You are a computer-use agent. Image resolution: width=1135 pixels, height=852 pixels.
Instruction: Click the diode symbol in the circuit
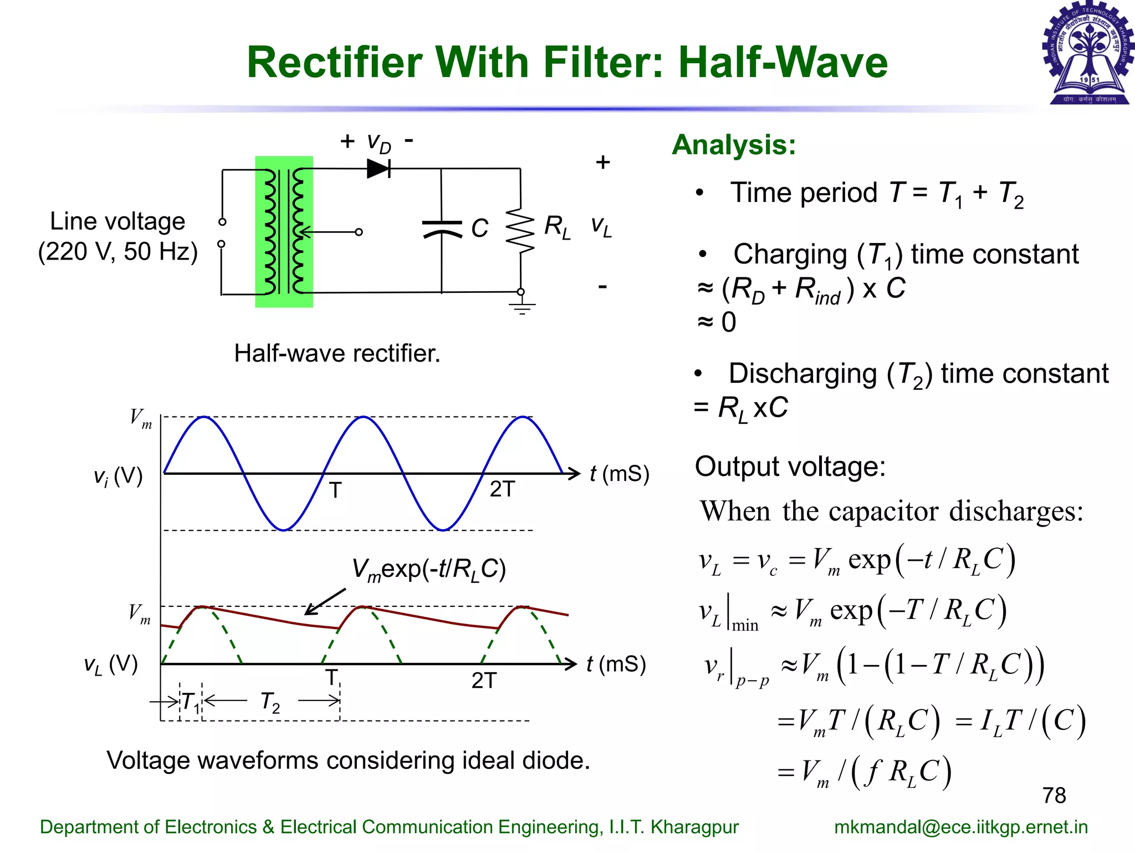[x=379, y=168]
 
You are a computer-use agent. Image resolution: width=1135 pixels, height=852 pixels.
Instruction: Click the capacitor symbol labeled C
[x=442, y=229]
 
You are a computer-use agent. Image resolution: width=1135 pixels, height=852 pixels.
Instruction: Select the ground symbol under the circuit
[x=522, y=307]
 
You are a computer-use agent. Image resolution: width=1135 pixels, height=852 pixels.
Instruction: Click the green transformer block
[x=284, y=232]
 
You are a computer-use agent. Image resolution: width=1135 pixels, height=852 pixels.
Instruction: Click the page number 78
[x=1054, y=795]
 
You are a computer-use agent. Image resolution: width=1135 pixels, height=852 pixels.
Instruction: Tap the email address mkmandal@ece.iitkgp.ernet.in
[x=960, y=826]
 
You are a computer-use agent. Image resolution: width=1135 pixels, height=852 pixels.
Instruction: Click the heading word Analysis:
[x=734, y=145]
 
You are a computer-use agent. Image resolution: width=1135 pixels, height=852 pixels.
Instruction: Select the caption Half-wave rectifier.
[x=337, y=353]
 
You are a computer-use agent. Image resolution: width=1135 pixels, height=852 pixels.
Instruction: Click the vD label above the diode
[x=379, y=143]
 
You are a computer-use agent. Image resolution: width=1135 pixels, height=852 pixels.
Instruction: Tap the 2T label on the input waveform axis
[x=502, y=489]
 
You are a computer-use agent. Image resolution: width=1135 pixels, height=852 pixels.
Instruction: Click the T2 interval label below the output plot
[x=270, y=702]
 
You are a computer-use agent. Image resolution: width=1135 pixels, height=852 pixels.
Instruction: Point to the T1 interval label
[x=191, y=703]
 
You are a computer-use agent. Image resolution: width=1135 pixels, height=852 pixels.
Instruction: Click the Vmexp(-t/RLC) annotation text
[x=429, y=570]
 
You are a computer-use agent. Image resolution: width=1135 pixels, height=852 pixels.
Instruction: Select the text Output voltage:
[x=790, y=466]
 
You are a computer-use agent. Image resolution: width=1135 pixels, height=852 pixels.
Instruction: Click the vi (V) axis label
[x=118, y=476]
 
